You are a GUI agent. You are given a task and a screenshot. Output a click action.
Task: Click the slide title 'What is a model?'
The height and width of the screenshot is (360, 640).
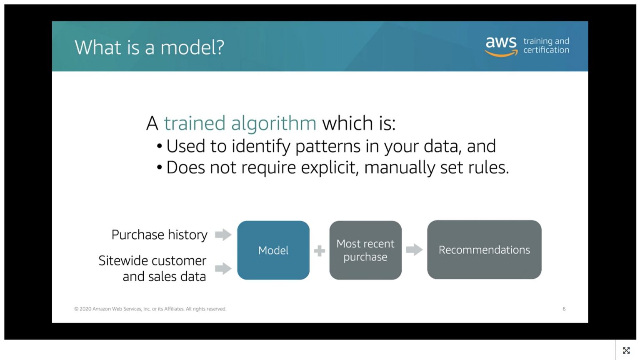[x=149, y=47]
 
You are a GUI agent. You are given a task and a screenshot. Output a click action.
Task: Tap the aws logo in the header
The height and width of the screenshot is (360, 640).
[x=501, y=45]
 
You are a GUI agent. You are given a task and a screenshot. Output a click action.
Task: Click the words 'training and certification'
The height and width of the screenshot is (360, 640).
[x=546, y=45]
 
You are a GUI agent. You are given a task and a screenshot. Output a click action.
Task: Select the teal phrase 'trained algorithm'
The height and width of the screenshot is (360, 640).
[x=240, y=123]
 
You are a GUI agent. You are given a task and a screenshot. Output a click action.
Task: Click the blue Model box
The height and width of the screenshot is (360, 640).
[x=273, y=250]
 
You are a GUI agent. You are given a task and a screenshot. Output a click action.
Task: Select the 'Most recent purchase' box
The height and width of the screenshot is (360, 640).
[x=365, y=250]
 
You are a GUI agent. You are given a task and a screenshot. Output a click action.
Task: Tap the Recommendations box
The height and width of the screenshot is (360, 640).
[x=484, y=250]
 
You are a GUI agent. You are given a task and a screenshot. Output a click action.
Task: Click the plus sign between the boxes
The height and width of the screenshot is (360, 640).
[x=320, y=250]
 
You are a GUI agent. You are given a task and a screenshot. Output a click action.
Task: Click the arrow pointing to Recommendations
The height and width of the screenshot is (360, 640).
[x=414, y=250]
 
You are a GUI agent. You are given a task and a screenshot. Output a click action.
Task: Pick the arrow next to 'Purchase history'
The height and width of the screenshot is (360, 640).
[x=223, y=235]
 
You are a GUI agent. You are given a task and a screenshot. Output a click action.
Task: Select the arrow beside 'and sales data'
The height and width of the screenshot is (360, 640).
[x=223, y=268]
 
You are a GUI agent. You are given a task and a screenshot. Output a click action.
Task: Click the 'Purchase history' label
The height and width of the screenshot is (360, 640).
[x=159, y=235]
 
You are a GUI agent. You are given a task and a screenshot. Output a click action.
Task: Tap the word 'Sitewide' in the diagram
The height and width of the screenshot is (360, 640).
[x=120, y=261]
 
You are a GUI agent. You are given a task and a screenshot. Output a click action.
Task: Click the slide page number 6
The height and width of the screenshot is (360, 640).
[x=564, y=309]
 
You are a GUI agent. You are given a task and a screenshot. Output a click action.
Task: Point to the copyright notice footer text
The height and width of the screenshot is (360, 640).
[x=150, y=309]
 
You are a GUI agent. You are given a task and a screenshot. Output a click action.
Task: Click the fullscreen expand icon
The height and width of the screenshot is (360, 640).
[x=626, y=350]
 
